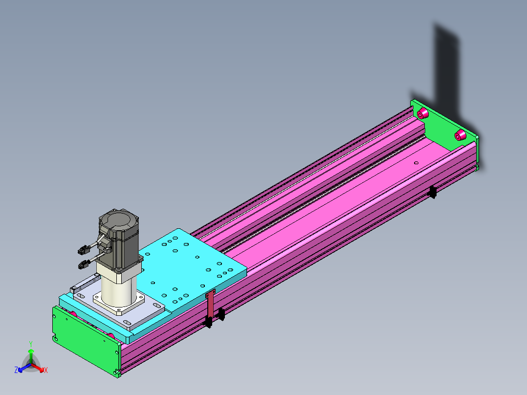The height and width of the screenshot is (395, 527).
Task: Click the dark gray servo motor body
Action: click(119, 238)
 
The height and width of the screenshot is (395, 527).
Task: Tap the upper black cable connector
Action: click(84, 250)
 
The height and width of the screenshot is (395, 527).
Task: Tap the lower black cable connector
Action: click(84, 264)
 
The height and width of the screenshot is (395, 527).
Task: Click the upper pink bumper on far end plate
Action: click(422, 113)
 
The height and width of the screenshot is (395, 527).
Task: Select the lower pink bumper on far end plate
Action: click(460, 135)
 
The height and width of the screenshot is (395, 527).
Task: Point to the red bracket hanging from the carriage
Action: click(210, 304)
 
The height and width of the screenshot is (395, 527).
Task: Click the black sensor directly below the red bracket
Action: click(208, 322)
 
